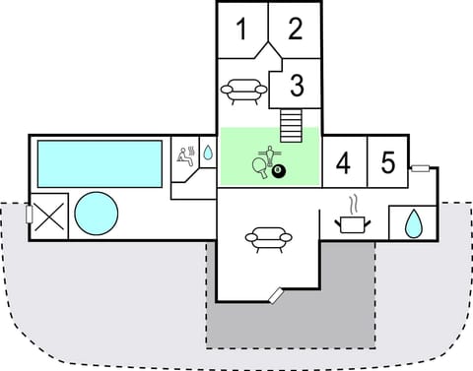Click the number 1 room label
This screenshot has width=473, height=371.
pyautogui.click(x=241, y=30)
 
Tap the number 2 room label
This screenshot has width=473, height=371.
pyautogui.click(x=296, y=30)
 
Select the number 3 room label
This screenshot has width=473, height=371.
pyautogui.click(x=296, y=86)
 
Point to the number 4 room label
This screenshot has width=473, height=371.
pyautogui.click(x=343, y=163)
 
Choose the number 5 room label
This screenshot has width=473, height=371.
pyautogui.click(x=388, y=162)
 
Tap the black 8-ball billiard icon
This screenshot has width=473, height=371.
pyautogui.click(x=279, y=173)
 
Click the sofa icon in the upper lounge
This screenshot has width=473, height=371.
pyautogui.click(x=243, y=93)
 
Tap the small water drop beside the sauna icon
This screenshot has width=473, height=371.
pyautogui.click(x=208, y=154)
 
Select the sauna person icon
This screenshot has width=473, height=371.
pyautogui.click(x=185, y=155)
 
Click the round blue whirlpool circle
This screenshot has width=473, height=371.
pyautogui.click(x=97, y=214)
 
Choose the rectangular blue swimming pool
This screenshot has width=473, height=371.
pyautogui.click(x=99, y=162)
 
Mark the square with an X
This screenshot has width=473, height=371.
pyautogui.click(x=50, y=214)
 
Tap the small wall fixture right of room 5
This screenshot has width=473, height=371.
pyautogui.click(x=419, y=168)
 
